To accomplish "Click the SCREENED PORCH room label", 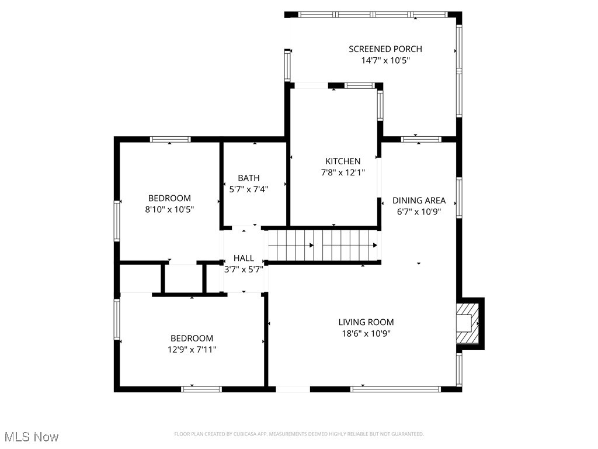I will (385, 49).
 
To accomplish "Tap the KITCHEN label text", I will (343, 161).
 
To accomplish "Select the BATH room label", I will (249, 178).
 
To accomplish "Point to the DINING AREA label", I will (419, 200).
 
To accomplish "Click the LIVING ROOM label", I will (366, 322).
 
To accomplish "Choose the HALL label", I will (244, 258).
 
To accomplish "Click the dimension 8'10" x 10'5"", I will (169, 209).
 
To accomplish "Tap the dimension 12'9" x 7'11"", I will (192, 349).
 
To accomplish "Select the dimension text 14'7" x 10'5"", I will (385, 60).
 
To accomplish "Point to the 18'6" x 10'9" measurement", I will (366, 333).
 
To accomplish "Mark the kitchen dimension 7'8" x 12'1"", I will (343, 172).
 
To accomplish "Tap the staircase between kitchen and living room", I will (323, 245).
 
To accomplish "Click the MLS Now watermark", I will (32, 437).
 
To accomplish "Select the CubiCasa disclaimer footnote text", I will (299, 434).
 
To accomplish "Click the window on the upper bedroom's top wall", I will (171, 139).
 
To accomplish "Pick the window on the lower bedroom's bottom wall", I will (201, 388).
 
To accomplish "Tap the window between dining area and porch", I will (420, 139).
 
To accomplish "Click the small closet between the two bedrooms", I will (183, 278).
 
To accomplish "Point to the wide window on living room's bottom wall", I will (395, 388).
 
